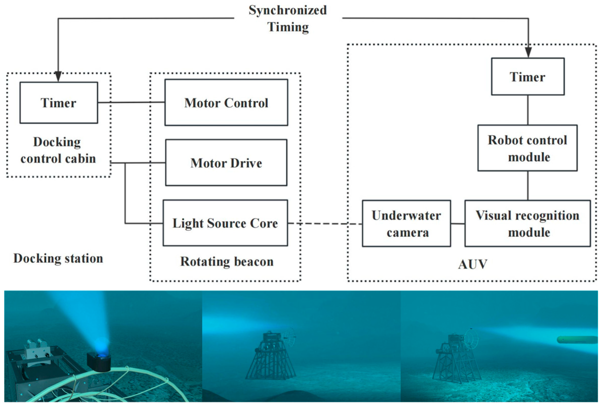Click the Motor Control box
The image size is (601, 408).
coord(226,102)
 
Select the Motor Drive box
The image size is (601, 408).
coord(226,163)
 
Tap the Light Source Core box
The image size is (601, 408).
coord(225,223)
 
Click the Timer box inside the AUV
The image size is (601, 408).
coord(528,77)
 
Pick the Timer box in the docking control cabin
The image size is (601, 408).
coord(59,103)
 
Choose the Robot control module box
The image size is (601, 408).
coord(527,148)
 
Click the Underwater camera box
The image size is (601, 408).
coord(406,224)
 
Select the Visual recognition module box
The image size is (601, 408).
coord(528,224)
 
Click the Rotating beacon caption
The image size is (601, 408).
coord(227,261)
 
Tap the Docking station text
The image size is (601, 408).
coord(58,258)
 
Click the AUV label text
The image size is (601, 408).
coord(473,264)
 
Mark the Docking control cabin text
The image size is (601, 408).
coord(58,150)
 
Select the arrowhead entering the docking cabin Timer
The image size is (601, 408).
coord(58,77)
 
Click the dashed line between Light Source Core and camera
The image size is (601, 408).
coord(325,224)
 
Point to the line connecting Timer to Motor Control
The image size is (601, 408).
coord(131,102)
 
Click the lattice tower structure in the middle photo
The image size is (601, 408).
coord(270,362)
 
